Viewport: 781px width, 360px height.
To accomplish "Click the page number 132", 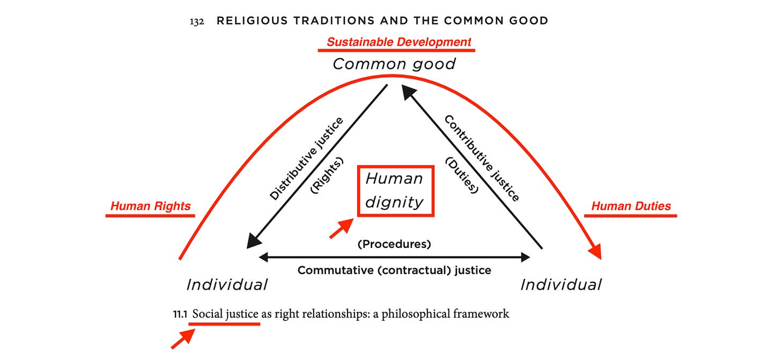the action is click(x=197, y=21).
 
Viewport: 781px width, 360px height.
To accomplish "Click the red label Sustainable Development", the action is click(x=399, y=42).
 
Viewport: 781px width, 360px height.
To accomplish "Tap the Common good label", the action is click(x=394, y=64).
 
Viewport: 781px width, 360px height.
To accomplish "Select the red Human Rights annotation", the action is click(x=150, y=206).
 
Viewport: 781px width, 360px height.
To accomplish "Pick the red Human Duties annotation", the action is click(x=631, y=206).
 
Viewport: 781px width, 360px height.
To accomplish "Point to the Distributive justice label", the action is click(x=306, y=159).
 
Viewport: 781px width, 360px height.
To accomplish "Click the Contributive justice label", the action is click(x=482, y=158).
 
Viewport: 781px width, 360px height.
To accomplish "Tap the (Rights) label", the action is click(x=327, y=175).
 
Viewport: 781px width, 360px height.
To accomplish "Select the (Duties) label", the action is click(x=462, y=175).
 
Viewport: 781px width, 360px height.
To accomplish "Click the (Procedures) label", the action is click(x=394, y=244).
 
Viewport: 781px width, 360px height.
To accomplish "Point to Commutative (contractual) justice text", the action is click(x=394, y=270).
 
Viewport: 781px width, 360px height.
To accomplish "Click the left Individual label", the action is click(x=227, y=285).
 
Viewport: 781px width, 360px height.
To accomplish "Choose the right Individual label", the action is click(x=561, y=285).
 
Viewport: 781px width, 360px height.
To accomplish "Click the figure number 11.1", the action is click(x=180, y=314).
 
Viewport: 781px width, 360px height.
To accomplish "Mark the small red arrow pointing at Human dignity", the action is click(x=341, y=229).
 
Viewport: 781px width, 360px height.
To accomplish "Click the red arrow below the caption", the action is click(x=183, y=339).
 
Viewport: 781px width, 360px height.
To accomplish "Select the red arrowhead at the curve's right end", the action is click(x=595, y=251).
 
